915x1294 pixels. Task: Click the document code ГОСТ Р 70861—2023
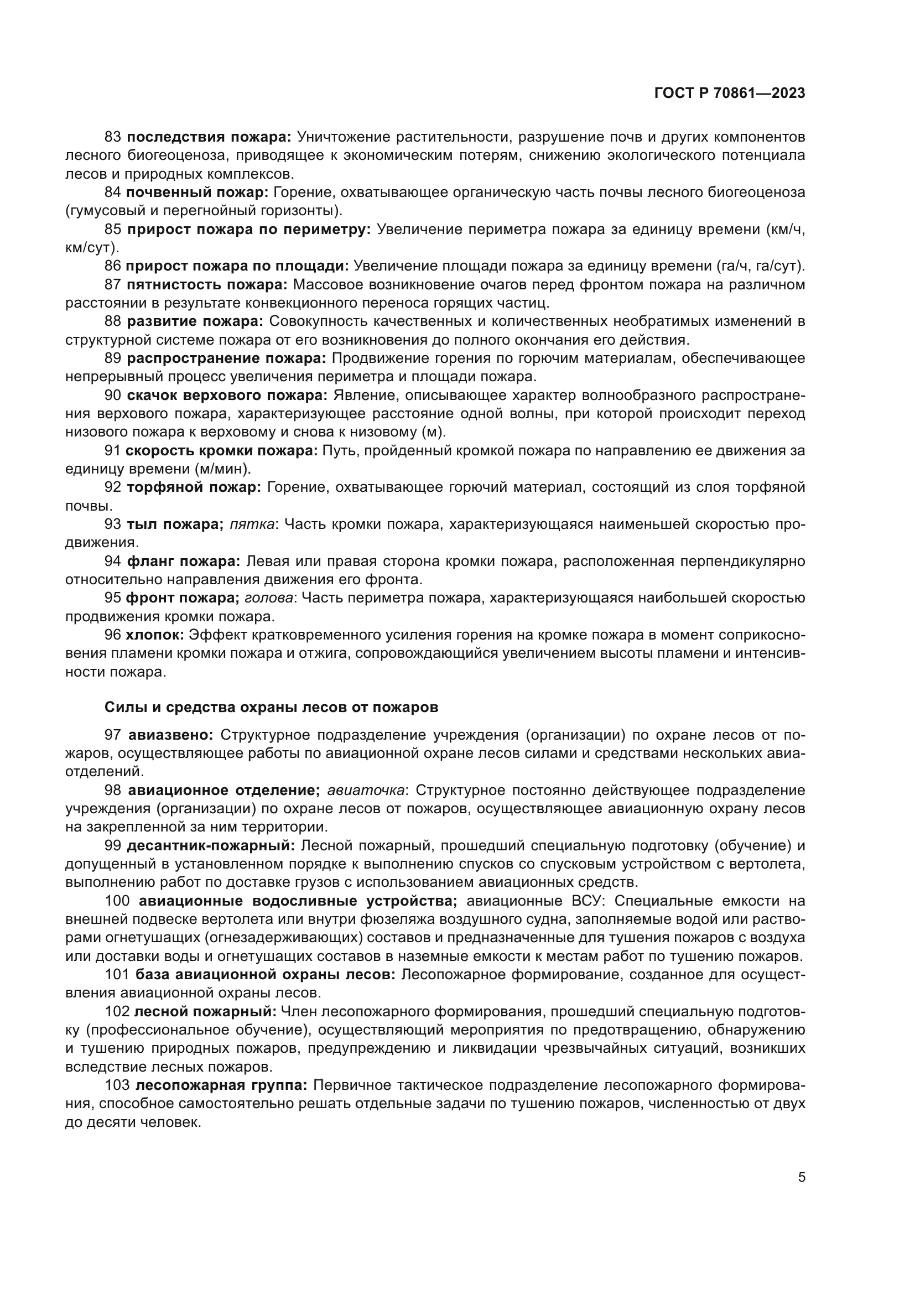pos(729,93)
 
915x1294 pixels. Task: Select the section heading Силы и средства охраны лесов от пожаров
pos(271,706)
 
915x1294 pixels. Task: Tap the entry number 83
pos(113,137)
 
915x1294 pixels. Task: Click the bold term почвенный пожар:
pos(197,192)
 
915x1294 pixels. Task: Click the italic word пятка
pos(251,524)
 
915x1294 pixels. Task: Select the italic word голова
pos(269,598)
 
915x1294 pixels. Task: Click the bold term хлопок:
pos(154,635)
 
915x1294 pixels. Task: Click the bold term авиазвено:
pos(171,735)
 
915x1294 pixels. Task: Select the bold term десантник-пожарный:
pos(211,846)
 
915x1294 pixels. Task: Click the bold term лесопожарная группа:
pos(221,1086)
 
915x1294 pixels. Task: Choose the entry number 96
pos(113,635)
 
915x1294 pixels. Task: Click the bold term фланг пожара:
pos(184,562)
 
